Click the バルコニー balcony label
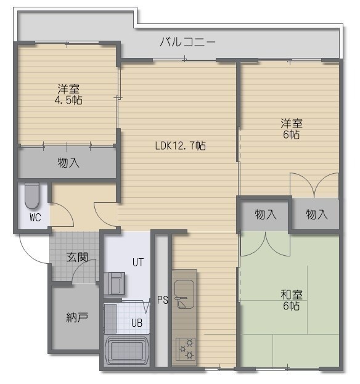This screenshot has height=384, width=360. [x=187, y=43]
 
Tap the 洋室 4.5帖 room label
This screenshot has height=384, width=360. [x=68, y=94]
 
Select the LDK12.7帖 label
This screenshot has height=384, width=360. [x=181, y=145]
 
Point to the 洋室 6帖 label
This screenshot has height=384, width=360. [x=292, y=129]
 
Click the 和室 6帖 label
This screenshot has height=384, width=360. [x=292, y=300]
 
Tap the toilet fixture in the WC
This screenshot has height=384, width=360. [x=32, y=196]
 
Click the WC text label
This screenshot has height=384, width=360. [x=35, y=218]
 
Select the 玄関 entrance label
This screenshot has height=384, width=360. [x=77, y=258]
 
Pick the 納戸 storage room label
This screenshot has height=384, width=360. [x=77, y=317]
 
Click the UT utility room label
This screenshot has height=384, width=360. [x=138, y=263]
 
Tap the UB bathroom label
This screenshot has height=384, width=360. [x=137, y=323]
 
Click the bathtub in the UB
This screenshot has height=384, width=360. [x=126, y=351]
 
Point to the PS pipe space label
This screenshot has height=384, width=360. [x=162, y=300]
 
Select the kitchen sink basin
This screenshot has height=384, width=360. [x=184, y=294]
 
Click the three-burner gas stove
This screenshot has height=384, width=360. [x=186, y=349]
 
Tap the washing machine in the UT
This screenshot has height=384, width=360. [x=114, y=283]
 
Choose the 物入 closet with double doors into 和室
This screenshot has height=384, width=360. [x=264, y=215]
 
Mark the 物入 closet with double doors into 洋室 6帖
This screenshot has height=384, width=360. [x=316, y=214]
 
